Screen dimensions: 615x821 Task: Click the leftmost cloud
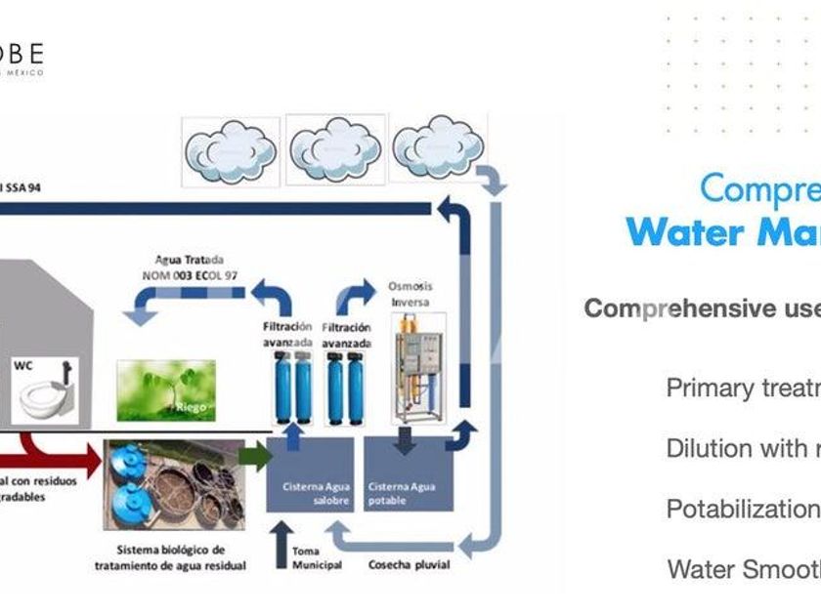[231, 151]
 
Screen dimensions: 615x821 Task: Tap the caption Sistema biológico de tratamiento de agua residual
[170, 557]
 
